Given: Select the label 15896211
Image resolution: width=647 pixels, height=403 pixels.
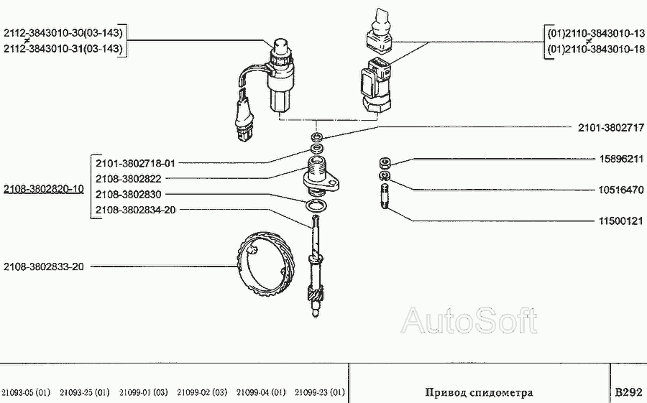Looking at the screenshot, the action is tap(621, 159).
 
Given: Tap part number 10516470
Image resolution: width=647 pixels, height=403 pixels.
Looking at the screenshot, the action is tap(621, 190).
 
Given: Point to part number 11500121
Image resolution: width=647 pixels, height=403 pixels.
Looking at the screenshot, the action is tap(621, 221).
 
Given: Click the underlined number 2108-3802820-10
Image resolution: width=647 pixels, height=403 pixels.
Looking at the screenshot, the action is tap(44, 189).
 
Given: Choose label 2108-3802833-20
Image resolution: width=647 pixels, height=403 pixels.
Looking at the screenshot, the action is tap(44, 267).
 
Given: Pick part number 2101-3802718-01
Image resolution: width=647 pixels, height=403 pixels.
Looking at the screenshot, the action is tap(135, 163).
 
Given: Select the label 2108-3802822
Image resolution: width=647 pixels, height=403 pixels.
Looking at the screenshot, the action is tap(129, 179).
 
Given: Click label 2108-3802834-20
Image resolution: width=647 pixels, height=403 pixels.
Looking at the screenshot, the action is tap(135, 210).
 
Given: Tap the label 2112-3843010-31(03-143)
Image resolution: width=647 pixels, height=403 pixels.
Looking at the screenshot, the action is tap(63, 49).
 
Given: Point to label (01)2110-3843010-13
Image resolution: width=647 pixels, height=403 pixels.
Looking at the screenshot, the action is tap(596, 34).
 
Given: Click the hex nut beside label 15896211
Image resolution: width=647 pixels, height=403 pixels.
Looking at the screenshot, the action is tap(385, 163).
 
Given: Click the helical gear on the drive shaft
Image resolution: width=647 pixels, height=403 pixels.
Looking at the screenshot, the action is tap(316, 295).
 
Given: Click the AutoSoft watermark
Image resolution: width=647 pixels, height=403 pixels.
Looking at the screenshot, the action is tap(469, 320).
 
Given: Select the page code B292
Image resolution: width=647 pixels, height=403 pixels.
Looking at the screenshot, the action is tap(628, 391).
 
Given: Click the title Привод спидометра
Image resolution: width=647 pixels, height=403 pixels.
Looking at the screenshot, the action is tap(479, 392).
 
